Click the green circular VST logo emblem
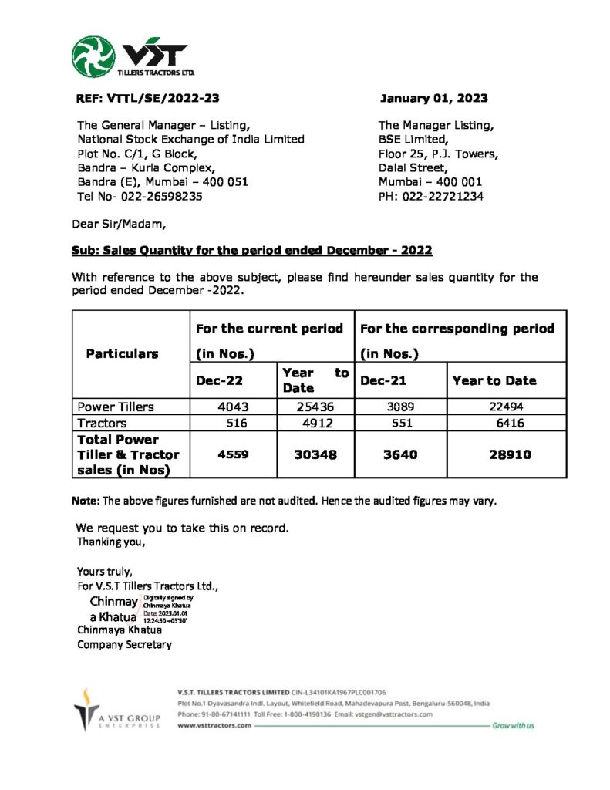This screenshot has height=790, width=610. (93, 57)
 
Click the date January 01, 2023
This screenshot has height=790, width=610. (434, 98)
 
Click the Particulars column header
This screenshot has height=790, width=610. (122, 353)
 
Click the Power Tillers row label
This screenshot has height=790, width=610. (116, 407)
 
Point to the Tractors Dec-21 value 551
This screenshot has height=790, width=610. (398, 423)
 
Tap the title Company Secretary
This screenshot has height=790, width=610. (124, 644)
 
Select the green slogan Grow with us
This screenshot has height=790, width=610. (513, 725)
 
